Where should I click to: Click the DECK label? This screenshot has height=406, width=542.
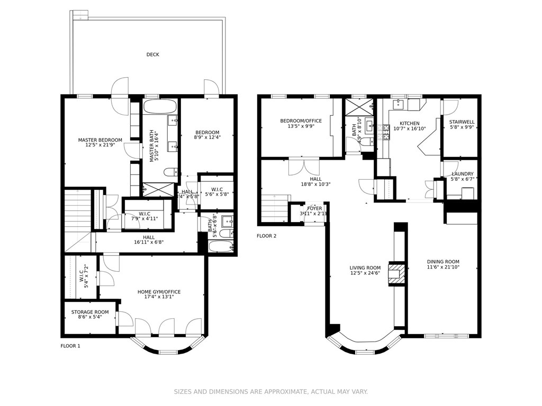[152, 54]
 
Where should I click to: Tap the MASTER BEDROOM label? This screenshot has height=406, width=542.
[100, 140]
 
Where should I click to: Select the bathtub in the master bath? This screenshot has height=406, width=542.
[160, 107]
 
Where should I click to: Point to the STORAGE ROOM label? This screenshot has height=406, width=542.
[90, 312]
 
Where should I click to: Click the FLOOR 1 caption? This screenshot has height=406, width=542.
[70, 346]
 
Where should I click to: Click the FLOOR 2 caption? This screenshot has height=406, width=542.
[266, 236]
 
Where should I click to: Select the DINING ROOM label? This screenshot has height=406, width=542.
[443, 262]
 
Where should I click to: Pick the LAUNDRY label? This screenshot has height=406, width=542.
[462, 174]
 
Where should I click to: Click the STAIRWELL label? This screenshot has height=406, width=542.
[462, 122]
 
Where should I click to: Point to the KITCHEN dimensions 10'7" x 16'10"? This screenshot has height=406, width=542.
[409, 128]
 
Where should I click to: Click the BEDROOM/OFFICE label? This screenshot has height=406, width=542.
[301, 121]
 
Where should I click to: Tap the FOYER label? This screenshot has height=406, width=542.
[314, 208]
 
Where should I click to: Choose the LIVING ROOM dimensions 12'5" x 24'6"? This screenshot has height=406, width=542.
[365, 273]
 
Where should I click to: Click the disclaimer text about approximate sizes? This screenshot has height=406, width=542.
[270, 392]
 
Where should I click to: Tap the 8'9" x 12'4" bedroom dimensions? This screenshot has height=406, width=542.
[207, 138]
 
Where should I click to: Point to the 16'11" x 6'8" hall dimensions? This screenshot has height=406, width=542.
[149, 243]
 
